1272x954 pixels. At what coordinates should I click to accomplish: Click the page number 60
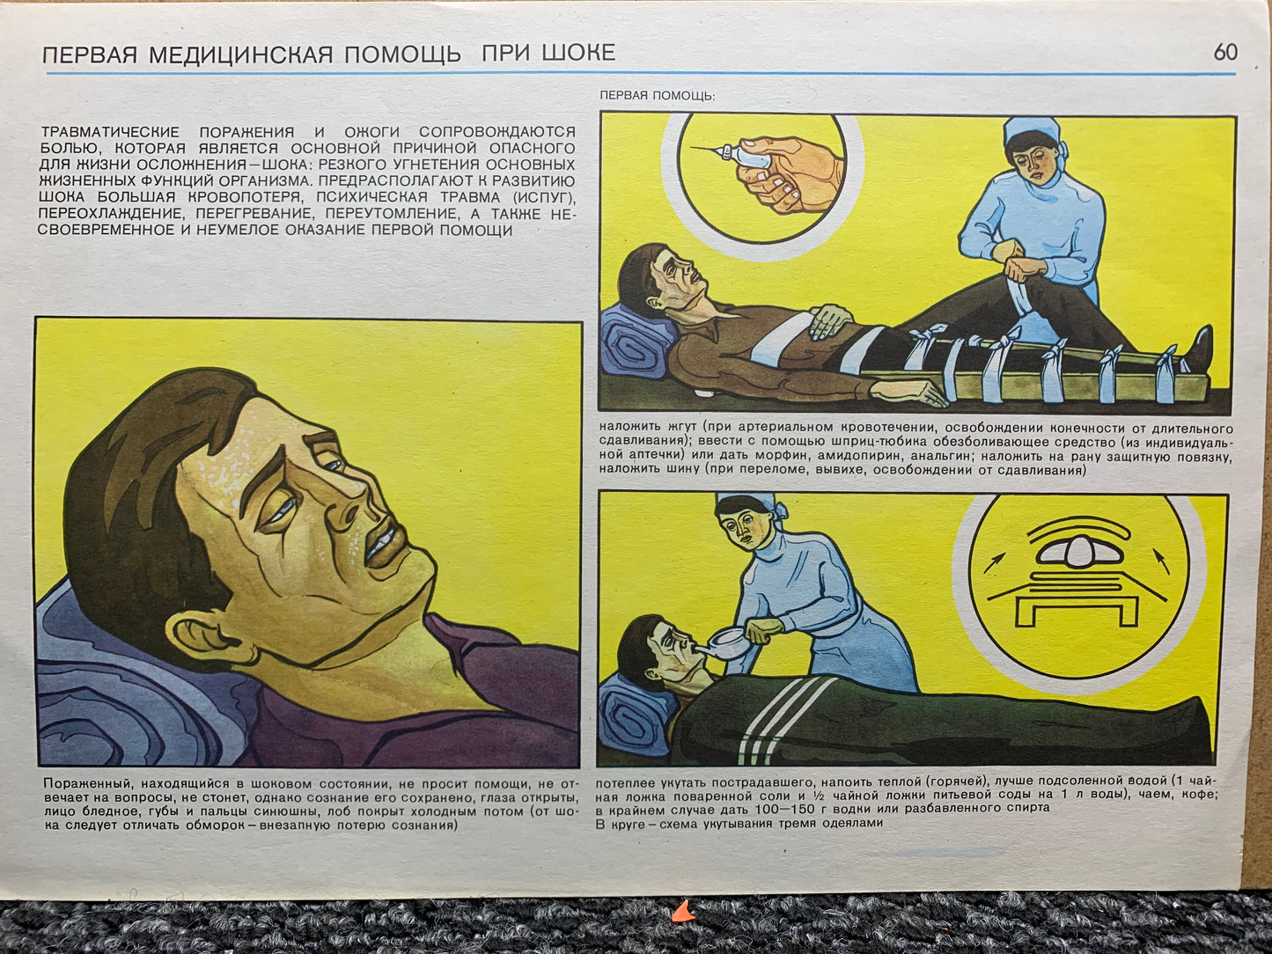point(1225,53)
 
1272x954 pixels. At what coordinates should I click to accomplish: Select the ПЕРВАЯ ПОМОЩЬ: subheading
point(658,96)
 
